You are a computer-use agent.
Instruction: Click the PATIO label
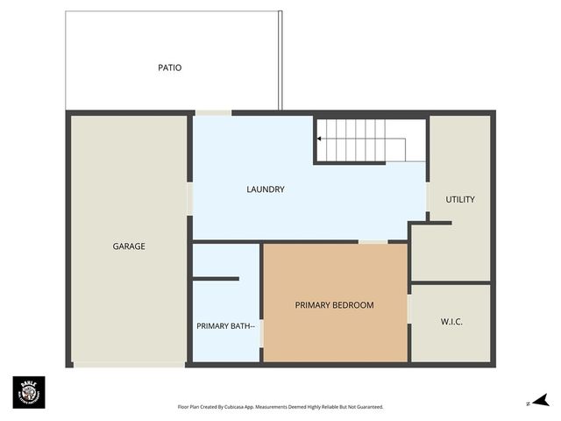pyautogui.click(x=170, y=68)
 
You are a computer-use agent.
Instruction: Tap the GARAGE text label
pyautogui.click(x=129, y=246)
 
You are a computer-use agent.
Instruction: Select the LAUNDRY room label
pyautogui.click(x=266, y=189)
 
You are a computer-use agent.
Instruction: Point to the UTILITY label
pyautogui.click(x=460, y=200)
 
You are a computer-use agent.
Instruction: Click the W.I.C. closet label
pyautogui.click(x=451, y=322)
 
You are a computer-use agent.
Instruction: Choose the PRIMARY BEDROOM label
pyautogui.click(x=334, y=305)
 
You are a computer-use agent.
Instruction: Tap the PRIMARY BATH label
pyautogui.click(x=225, y=326)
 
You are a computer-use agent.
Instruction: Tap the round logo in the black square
pyautogui.click(x=28, y=392)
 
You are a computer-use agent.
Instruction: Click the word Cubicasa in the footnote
pyautogui.click(x=238, y=407)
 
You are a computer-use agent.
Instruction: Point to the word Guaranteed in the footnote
pyautogui.click(x=366, y=407)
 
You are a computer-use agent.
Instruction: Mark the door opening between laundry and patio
pyautogui.click(x=213, y=112)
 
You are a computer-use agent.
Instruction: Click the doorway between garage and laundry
pyautogui.click(x=189, y=198)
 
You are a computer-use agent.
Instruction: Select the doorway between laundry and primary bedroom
pyautogui.click(x=373, y=241)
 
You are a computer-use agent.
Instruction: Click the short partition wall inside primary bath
pyautogui.click(x=216, y=279)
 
